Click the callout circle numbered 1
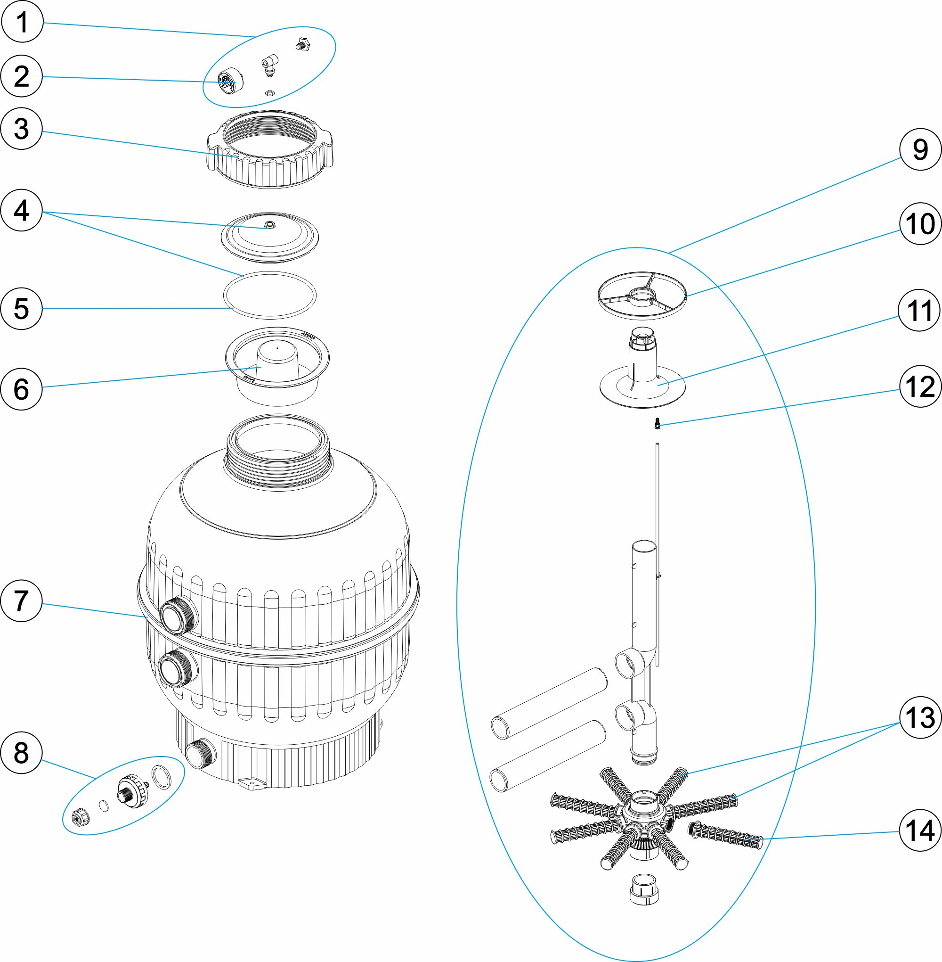click(22, 22)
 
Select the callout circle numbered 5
click(21, 308)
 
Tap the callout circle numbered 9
click(920, 149)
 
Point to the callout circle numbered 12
click(920, 386)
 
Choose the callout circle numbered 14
click(920, 830)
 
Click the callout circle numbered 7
click(21, 600)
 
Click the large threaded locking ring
click(270, 148)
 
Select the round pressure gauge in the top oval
click(230, 81)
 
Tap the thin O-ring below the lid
click(269, 296)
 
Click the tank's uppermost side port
click(178, 616)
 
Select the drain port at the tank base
click(200, 754)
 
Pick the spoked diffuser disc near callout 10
click(642, 296)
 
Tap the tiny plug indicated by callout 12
click(657, 423)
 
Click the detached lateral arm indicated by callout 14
click(725, 834)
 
